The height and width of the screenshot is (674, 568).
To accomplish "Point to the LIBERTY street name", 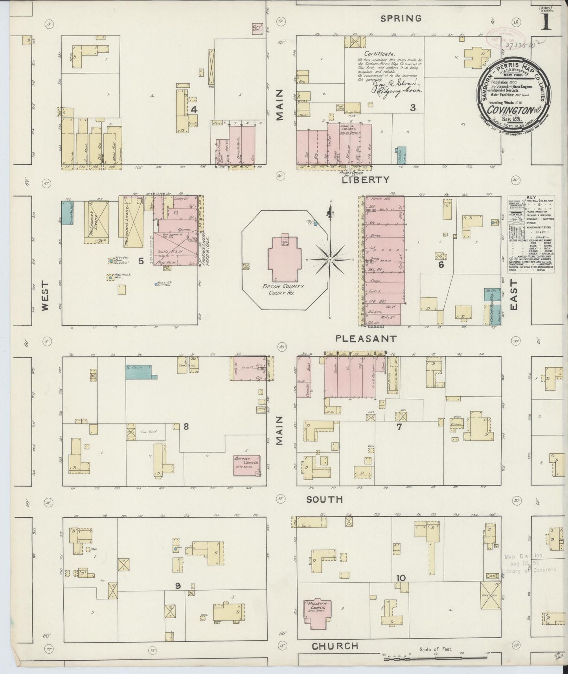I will (x=366, y=180).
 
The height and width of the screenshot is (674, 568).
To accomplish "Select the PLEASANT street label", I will (x=366, y=338).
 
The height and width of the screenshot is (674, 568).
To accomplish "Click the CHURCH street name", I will (x=335, y=646).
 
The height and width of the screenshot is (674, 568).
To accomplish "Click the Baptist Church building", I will (x=247, y=465).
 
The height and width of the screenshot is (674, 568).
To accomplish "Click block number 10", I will (x=401, y=578).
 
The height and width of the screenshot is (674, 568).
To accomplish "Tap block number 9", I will (x=178, y=586).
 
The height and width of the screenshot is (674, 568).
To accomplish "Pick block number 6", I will (x=441, y=265).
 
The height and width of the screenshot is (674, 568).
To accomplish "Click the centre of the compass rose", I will (x=331, y=260).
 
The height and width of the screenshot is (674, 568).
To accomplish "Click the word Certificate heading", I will (x=379, y=54).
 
